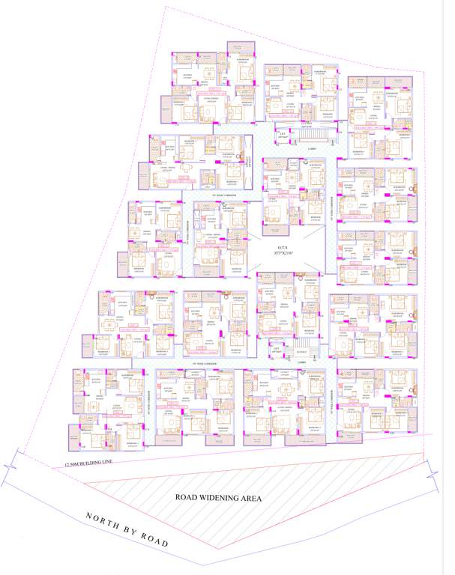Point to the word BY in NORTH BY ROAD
point(128,531)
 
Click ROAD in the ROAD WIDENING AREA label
point(186,497)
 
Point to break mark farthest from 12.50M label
point(433,471)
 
